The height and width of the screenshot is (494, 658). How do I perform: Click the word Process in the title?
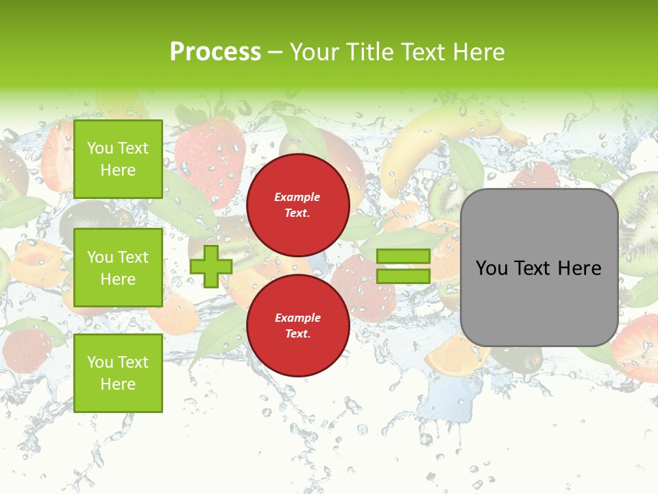point(215,51)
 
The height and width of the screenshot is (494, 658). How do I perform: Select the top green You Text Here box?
point(118,159)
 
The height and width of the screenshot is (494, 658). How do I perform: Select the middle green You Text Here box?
point(118,268)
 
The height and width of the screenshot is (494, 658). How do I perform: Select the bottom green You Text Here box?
point(118,373)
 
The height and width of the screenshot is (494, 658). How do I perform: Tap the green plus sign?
point(211,266)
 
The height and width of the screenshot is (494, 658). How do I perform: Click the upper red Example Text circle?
point(297,205)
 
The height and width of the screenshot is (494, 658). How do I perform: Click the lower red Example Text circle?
point(297,326)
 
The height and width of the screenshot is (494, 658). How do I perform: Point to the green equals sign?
point(403,266)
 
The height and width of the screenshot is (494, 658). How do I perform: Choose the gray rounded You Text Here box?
point(539,268)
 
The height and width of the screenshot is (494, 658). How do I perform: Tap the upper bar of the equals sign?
point(403,257)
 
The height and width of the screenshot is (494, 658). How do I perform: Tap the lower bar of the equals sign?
point(403,276)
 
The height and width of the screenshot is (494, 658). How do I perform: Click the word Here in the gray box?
point(579,268)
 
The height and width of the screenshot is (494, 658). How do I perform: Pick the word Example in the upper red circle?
point(297,198)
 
